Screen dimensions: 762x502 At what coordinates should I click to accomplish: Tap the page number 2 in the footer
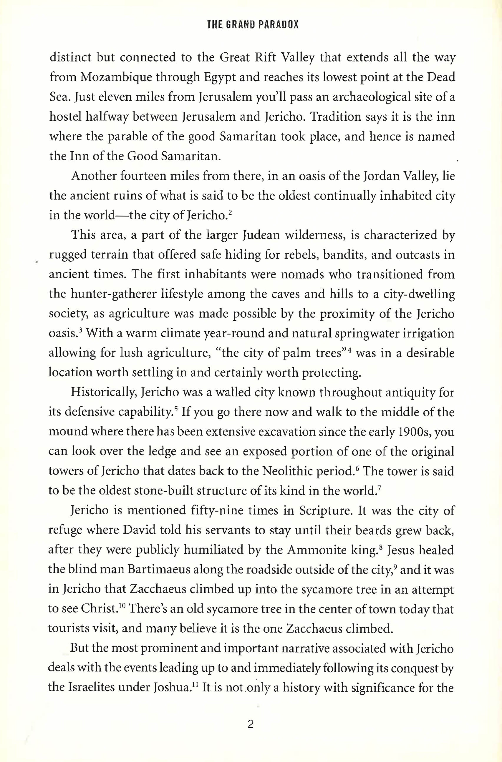point(251,725)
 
